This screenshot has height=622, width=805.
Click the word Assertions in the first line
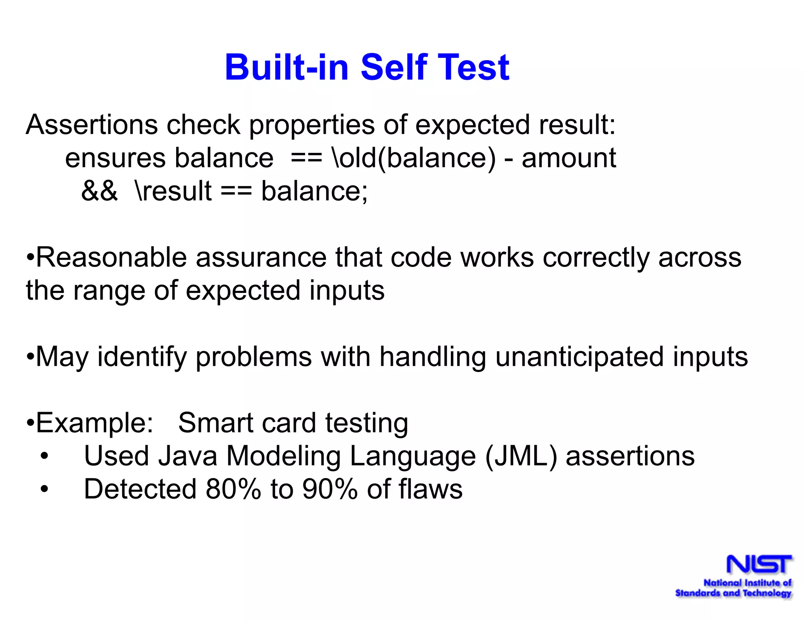[x=92, y=125]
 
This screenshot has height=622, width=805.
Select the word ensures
[x=115, y=158]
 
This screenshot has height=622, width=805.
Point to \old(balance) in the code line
[x=414, y=158]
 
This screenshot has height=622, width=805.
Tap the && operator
[x=99, y=191]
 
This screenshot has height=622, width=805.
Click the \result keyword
[x=173, y=191]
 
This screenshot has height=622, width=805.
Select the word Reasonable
[x=111, y=258]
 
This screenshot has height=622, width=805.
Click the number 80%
[x=233, y=490]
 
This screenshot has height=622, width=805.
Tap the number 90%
[x=330, y=490]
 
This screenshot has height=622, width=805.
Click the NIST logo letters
[x=759, y=565]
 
